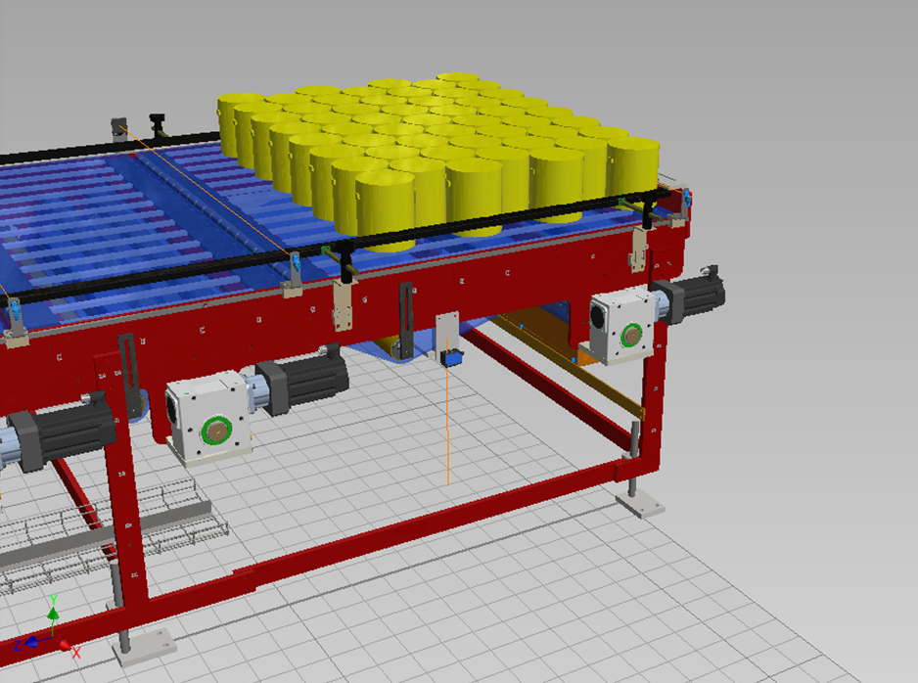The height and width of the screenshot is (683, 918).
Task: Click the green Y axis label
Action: coord(53,600)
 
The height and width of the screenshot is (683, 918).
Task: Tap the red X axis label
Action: coord(76,653)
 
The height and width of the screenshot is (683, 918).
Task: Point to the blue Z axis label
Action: coord(18,645)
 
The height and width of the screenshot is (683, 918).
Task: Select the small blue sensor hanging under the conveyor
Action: coord(451,357)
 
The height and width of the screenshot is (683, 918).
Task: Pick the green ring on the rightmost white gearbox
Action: coord(631,336)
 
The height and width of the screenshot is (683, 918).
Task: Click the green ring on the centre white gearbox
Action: coord(216,432)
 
